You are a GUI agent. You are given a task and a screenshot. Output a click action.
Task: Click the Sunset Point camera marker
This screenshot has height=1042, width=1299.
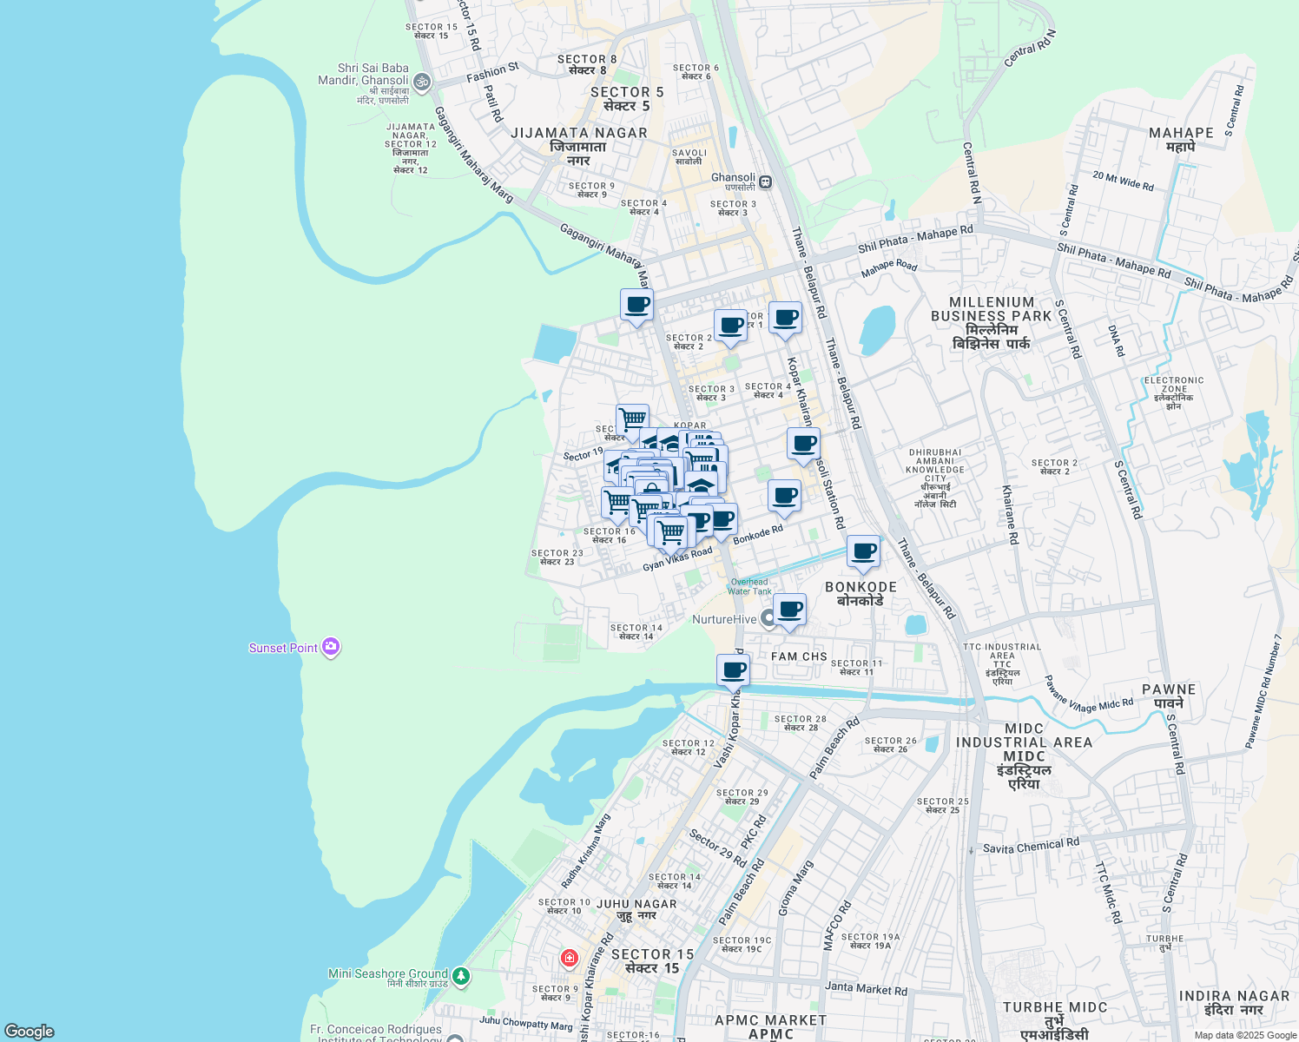pos(330,647)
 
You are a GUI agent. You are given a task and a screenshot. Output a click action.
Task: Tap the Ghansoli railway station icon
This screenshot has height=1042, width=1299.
pos(765,182)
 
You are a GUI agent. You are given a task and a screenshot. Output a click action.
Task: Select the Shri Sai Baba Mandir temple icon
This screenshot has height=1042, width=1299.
pos(421,82)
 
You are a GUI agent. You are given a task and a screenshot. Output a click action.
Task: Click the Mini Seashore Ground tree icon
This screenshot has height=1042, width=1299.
pos(461,976)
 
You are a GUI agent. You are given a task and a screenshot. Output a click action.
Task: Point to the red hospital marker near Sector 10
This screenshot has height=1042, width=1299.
pos(570,959)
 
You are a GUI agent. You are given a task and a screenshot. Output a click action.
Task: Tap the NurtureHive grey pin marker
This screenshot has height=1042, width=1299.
pos(768,619)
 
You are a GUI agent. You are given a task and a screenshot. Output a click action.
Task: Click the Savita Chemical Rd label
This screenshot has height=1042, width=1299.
pos(1031,847)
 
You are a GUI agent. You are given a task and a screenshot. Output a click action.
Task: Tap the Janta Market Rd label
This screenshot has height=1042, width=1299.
pos(866,988)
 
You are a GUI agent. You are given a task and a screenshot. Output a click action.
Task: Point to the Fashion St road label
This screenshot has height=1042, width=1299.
pos(492,72)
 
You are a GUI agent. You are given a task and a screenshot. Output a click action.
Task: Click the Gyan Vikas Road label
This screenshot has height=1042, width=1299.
pos(677,559)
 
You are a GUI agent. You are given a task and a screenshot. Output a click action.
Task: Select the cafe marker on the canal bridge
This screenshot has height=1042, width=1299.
pos(733,670)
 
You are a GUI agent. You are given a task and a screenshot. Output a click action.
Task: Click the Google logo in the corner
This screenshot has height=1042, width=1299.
pos(29,1032)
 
